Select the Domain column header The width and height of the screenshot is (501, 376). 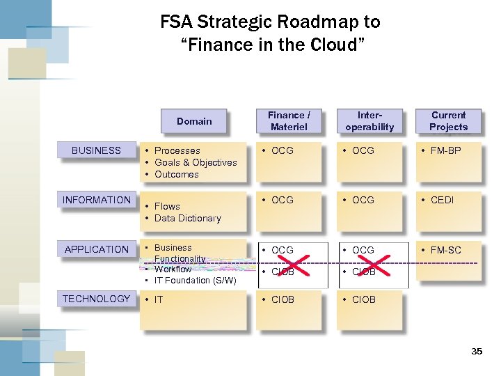tap(194, 121)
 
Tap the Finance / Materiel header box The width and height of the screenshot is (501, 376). tap(289, 121)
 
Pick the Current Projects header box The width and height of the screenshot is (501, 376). tap(448, 121)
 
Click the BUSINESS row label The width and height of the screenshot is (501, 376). tap(96, 150)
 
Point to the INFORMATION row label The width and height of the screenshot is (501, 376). tap(96, 200)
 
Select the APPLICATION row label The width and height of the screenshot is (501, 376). tap(96, 249)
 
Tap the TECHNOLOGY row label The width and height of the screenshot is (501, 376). tap(96, 299)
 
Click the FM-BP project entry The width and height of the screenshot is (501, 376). tap(445, 150)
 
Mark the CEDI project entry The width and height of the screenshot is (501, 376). tap(442, 200)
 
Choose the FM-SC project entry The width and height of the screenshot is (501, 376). tap(445, 249)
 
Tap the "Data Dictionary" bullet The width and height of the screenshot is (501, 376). tap(187, 218)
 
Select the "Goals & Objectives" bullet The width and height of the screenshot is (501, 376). tap(196, 162)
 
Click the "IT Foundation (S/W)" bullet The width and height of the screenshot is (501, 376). tap(196, 280)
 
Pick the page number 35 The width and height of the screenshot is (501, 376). tap(477, 352)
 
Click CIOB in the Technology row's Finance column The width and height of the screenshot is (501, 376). tap(283, 299)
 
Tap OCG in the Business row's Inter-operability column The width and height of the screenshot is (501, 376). tap(363, 150)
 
